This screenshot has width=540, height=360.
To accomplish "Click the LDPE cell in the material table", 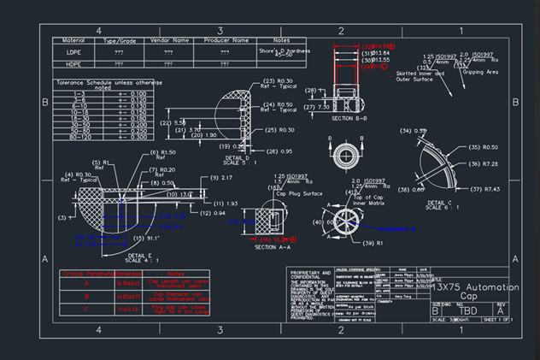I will pyautogui.click(x=73, y=52).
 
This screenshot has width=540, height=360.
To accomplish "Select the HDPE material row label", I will pyautogui.click(x=73, y=64).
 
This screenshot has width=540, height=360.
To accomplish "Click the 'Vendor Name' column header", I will pyautogui.click(x=169, y=40).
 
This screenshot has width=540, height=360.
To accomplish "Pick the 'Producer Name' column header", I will pyautogui.click(x=225, y=40).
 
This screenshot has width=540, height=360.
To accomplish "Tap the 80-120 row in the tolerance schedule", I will pyautogui.click(x=80, y=136).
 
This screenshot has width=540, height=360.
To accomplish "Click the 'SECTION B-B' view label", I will pyautogui.click(x=349, y=118).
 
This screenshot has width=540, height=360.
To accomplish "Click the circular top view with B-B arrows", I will pyautogui.click(x=344, y=153).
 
